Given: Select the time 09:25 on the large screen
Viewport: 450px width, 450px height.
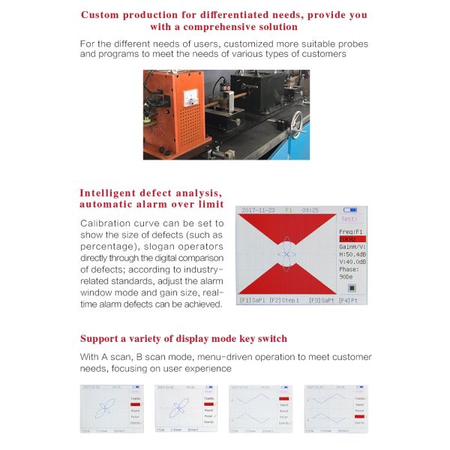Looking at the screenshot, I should tap(311, 210).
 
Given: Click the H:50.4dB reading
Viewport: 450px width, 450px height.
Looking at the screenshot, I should tap(352, 254).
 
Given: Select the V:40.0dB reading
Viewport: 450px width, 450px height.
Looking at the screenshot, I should tap(352, 262).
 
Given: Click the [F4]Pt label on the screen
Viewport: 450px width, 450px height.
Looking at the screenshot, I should tap(348, 300).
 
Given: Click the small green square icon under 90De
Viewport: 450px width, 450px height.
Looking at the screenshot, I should tap(352, 286).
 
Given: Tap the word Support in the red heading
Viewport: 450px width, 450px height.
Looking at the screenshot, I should tap(103, 338).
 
